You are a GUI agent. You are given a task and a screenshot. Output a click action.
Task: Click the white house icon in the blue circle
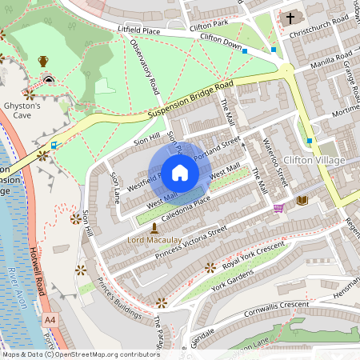coord(180,172)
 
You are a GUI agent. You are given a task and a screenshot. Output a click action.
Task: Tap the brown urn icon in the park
coord(43,61)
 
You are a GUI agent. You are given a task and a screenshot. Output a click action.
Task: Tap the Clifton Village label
coord(314,160)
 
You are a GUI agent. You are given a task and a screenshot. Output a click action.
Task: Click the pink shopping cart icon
coord(278,208)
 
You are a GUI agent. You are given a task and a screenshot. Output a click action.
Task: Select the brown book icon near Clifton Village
coord(302,200)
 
